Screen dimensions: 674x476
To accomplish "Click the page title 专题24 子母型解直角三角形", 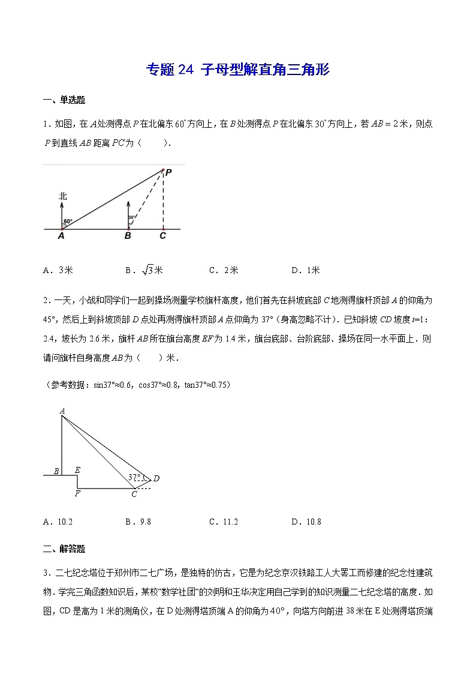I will coord(238,70).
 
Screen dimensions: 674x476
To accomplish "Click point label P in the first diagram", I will coord(169,172).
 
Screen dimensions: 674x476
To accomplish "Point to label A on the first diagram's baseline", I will coord(61,236).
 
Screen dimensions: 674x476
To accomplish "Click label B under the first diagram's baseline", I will coord(127,236).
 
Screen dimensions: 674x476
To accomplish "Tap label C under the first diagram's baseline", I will coord(162,236).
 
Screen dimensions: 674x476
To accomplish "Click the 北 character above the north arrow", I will coord(62,196).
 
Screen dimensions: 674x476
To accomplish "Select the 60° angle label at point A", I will coord(68,221).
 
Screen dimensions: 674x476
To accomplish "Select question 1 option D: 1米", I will coord(306,270).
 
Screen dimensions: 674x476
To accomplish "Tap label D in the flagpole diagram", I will coord(156,478).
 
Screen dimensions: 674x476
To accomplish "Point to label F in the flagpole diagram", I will coord(77,494).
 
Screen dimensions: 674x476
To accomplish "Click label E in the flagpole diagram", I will coord(77,471).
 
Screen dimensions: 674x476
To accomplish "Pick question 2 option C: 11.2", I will coord(224,522).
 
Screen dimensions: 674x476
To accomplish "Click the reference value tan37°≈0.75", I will coord(200,384).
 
